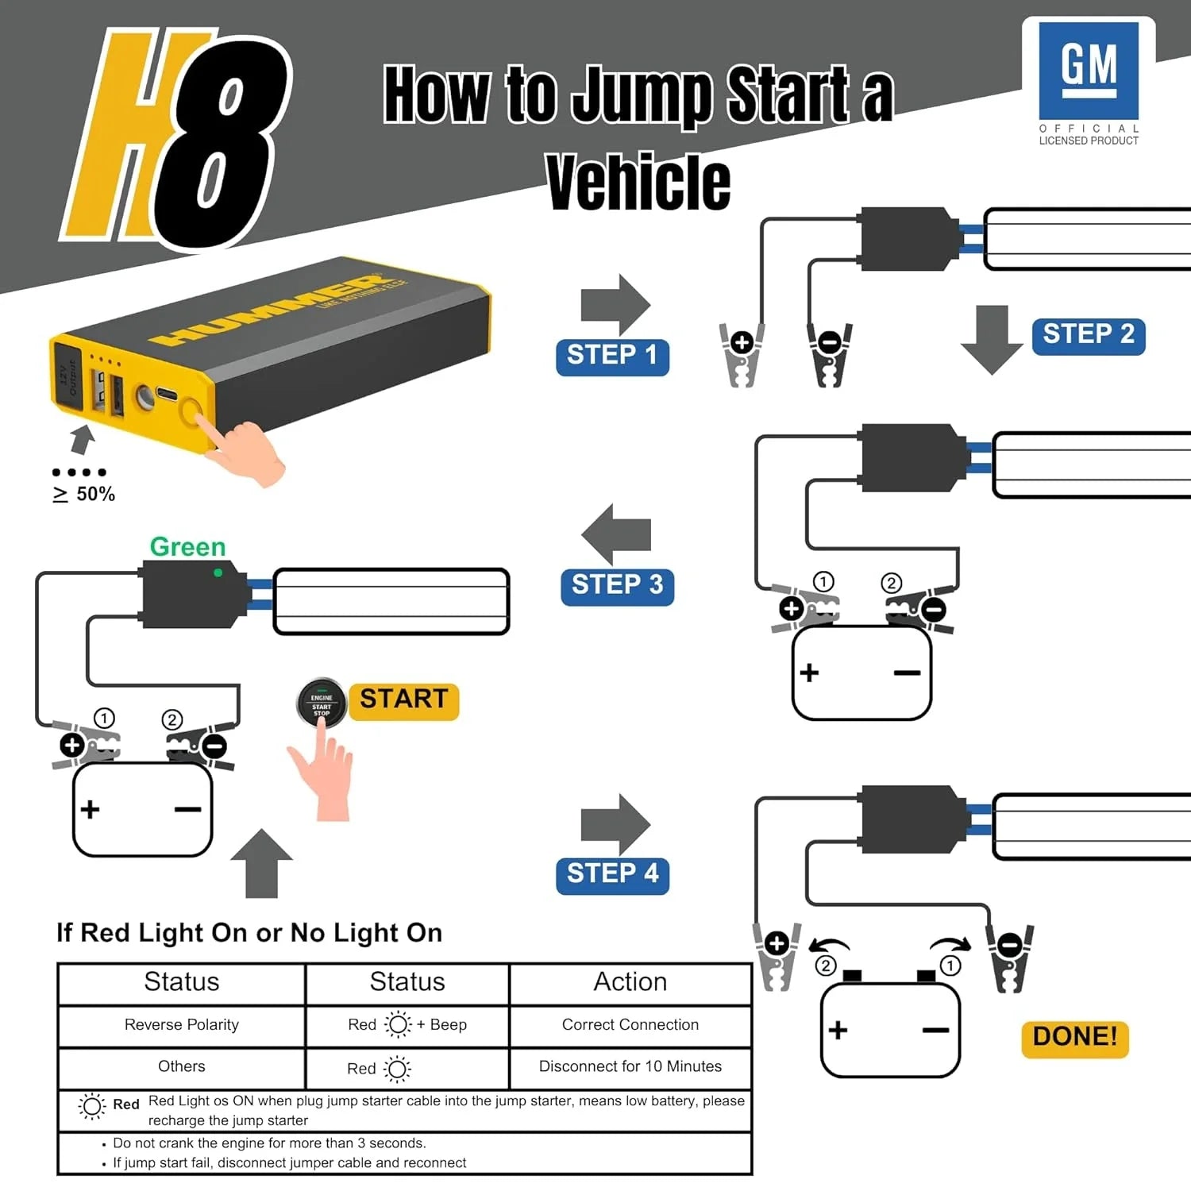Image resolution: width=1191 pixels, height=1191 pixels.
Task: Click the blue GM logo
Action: click(1089, 70)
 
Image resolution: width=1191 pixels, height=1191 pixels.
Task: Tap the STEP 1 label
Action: click(612, 356)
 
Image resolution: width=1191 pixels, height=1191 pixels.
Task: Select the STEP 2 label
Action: click(1088, 335)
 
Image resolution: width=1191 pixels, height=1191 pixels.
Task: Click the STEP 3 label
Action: click(617, 586)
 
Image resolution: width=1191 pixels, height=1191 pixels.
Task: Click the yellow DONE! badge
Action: click(1074, 1038)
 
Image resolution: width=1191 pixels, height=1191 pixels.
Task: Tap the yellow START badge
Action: click(403, 700)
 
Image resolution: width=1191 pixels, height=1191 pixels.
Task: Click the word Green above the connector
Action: click(187, 547)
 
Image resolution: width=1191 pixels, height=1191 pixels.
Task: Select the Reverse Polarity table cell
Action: click(181, 1025)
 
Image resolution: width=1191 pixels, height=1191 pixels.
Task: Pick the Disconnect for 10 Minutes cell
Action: click(630, 1067)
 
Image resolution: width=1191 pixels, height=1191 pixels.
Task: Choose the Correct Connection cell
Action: click(630, 1025)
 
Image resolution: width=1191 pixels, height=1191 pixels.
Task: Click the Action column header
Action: click(630, 983)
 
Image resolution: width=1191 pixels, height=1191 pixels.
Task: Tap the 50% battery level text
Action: click(95, 495)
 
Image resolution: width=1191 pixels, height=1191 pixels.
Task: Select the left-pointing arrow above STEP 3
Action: click(616, 534)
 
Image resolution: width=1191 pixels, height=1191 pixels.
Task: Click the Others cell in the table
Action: click(181, 1067)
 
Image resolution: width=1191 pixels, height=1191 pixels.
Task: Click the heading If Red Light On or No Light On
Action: click(249, 933)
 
